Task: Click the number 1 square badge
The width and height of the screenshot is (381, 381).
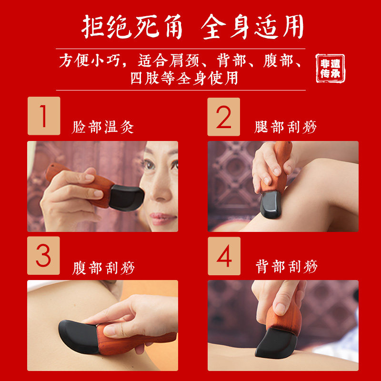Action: pyautogui.click(x=44, y=116)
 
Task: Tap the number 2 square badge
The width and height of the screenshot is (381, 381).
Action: pyautogui.click(x=223, y=117)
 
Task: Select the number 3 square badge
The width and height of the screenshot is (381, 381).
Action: pyautogui.click(x=43, y=256)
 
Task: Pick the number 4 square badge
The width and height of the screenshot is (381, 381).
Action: pyautogui.click(x=224, y=256)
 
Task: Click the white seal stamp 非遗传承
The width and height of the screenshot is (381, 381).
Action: pyautogui.click(x=330, y=68)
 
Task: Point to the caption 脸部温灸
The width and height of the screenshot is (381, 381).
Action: pyautogui.click(x=103, y=127)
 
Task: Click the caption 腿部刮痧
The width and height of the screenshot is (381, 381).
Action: pyautogui.click(x=285, y=127)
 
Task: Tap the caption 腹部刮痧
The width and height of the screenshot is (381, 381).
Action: pyautogui.click(x=103, y=268)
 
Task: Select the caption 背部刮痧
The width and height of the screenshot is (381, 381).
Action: pyautogui.click(x=287, y=267)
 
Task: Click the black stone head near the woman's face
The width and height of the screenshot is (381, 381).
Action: pyautogui.click(x=126, y=197)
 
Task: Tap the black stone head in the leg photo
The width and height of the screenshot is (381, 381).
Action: pyautogui.click(x=271, y=205)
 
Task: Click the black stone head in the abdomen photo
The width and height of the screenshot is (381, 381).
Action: pyautogui.click(x=79, y=337)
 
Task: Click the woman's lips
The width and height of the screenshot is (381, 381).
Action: pyautogui.click(x=161, y=218)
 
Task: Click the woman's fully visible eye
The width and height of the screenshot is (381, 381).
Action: pyautogui.click(x=149, y=165)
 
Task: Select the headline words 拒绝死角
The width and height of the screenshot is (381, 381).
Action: pyautogui.click(x=132, y=27)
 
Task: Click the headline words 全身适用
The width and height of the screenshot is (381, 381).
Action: pyautogui.click(x=252, y=27)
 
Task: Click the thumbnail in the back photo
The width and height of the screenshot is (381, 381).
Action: pyautogui.click(x=280, y=309)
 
